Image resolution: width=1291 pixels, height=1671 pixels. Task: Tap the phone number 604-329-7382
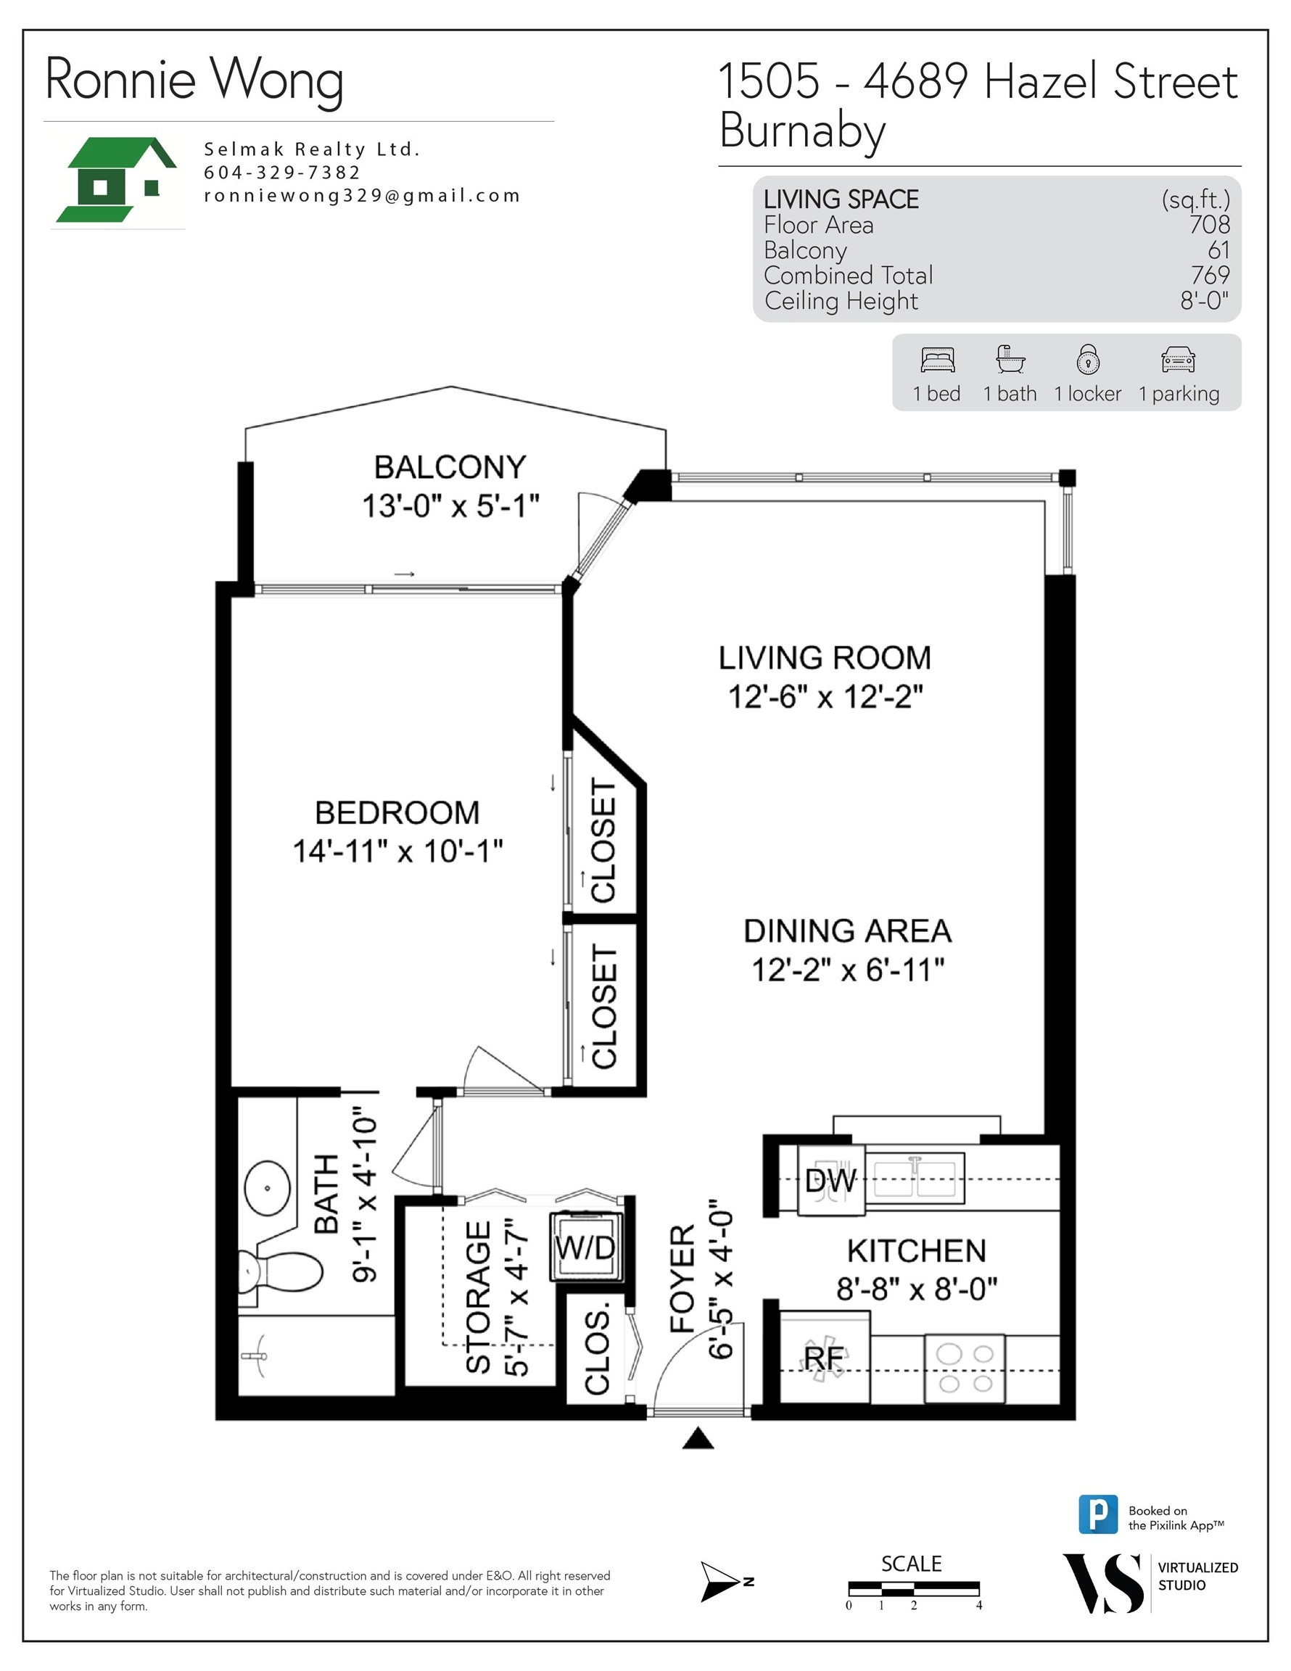tap(281, 173)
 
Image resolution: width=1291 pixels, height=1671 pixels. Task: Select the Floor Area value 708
tap(1209, 225)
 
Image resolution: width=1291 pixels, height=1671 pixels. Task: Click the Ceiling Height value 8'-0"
tap(1204, 301)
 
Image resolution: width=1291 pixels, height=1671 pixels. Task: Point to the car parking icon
tap(1178, 359)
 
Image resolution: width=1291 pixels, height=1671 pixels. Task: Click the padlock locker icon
tap(1087, 359)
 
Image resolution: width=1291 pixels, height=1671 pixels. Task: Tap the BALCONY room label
tap(450, 467)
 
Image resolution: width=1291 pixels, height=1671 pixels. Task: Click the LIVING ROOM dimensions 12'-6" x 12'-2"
tap(825, 697)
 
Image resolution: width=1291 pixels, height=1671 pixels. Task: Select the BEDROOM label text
tap(397, 812)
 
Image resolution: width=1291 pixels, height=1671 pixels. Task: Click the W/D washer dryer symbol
tap(585, 1248)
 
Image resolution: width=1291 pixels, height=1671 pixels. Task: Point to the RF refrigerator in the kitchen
tap(824, 1358)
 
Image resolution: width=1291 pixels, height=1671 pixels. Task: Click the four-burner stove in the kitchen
tap(964, 1369)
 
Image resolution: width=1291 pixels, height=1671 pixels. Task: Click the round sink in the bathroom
tap(267, 1188)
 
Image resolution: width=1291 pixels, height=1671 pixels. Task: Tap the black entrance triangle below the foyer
tap(697, 1439)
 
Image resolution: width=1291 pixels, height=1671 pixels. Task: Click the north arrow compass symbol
tap(722, 1583)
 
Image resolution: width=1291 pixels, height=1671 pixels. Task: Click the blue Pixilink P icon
tap(1097, 1514)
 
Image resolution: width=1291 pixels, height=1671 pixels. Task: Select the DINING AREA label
tap(847, 931)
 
